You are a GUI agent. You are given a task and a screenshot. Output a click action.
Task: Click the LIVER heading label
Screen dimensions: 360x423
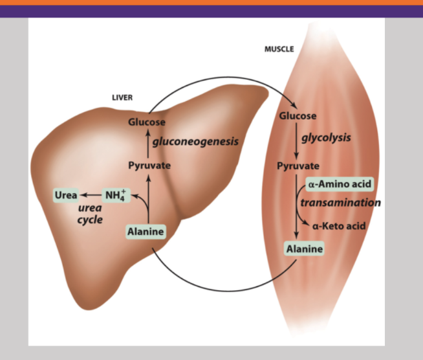[122, 98]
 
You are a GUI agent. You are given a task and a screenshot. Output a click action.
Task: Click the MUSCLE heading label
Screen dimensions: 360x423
[279, 49]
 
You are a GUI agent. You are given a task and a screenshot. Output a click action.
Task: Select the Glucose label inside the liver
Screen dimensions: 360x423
[146, 122]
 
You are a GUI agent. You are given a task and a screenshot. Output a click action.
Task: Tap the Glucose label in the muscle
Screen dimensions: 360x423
[298, 116]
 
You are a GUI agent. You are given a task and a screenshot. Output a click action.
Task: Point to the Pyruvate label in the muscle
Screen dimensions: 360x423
[298, 166]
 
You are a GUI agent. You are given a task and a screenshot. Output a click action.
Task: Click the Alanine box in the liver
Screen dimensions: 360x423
[145, 232]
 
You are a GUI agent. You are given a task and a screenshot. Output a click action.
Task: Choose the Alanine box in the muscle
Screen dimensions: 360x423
[304, 248]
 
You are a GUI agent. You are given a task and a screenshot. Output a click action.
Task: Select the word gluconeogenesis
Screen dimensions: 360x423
[195, 141]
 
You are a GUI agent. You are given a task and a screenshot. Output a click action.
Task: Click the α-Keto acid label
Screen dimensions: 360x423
[339, 226]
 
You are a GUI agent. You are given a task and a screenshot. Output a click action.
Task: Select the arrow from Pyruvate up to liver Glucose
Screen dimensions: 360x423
[148, 144]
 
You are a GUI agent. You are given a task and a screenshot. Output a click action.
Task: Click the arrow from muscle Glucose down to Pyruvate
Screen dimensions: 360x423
[296, 141]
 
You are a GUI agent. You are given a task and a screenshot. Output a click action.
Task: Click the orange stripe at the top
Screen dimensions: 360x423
[211, 2]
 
